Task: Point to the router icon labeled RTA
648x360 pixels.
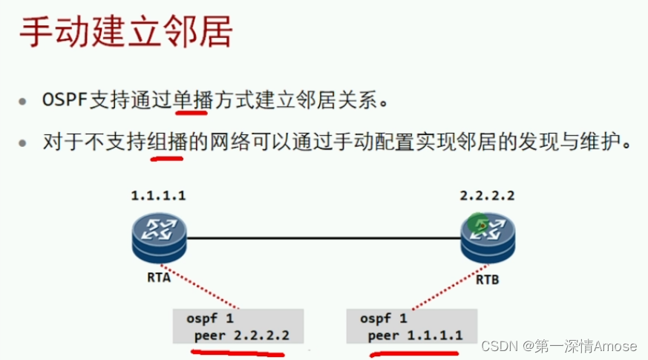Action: (x=160, y=238)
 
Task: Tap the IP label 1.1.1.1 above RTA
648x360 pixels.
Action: (x=158, y=197)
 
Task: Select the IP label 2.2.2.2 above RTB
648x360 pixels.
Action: (x=488, y=197)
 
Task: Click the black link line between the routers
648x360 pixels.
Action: (x=323, y=239)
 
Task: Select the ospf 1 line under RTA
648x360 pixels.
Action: (x=210, y=318)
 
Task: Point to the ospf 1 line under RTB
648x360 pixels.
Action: (x=384, y=318)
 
